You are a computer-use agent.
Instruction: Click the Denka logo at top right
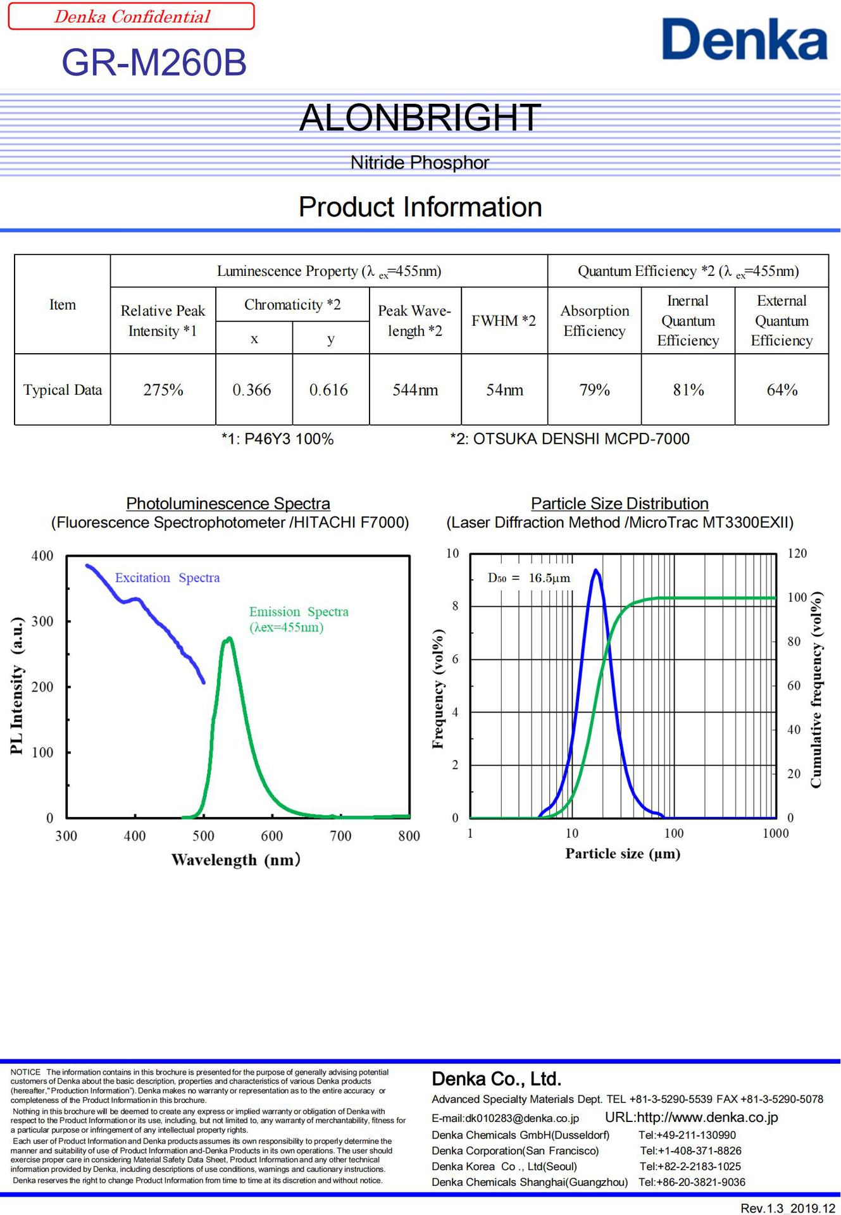tap(744, 39)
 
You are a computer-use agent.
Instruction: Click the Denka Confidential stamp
tap(132, 16)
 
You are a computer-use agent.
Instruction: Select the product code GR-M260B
tap(154, 63)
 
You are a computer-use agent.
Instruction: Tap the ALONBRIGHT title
tap(420, 118)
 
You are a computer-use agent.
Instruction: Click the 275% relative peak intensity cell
tap(163, 390)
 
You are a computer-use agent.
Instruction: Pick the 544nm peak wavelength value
tap(415, 390)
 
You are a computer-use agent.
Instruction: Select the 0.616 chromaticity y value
tap(329, 390)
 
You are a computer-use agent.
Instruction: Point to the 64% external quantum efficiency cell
tap(782, 390)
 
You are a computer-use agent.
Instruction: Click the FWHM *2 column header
tap(504, 321)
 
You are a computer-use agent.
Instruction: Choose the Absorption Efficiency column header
tap(594, 321)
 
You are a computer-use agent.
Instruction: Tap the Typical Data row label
tap(63, 390)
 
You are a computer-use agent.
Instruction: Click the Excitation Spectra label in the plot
tap(168, 578)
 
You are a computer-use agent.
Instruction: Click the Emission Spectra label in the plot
tap(299, 620)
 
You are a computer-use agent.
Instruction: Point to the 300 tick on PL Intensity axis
tap(42, 621)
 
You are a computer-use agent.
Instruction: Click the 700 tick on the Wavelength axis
tap(340, 836)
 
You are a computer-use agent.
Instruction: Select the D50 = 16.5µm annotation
tap(529, 578)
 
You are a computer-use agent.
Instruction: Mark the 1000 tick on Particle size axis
tap(775, 833)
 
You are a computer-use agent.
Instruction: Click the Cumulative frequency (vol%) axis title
tap(816, 690)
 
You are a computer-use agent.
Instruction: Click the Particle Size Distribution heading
tap(620, 504)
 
